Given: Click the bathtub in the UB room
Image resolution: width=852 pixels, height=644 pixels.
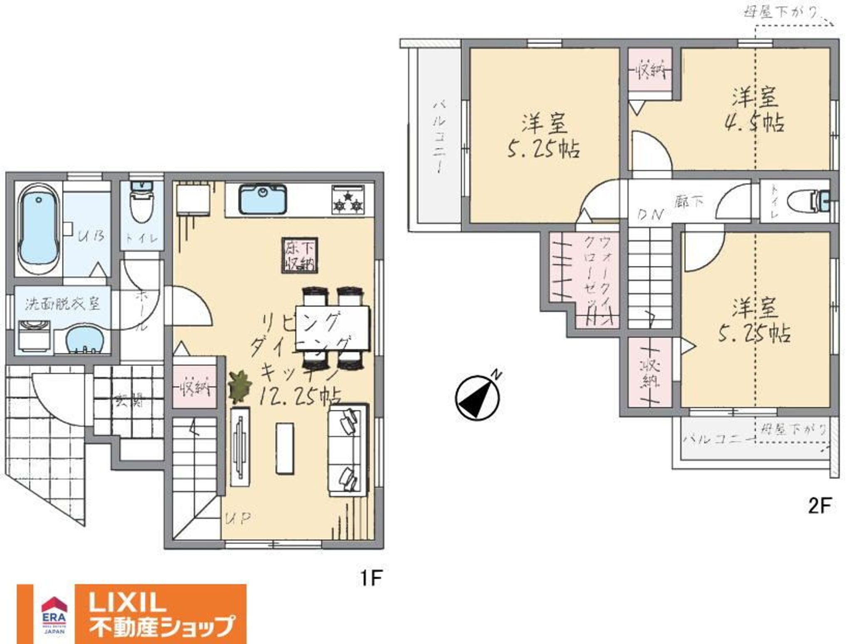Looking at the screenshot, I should tap(39, 230).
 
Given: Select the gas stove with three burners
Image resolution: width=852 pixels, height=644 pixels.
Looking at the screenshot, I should tap(348, 200).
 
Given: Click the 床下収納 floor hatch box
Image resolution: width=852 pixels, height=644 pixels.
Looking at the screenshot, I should tap(300, 255).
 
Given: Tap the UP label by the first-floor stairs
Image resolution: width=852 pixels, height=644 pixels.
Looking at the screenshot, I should tap(238, 518).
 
